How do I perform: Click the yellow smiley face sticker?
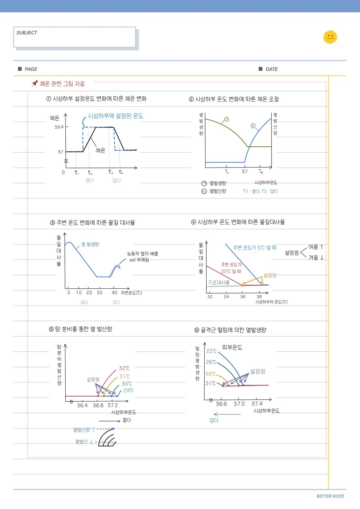tap(330, 37)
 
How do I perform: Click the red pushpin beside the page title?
tap(35, 83)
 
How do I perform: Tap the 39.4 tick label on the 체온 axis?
tap(59, 127)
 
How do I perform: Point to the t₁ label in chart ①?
tap(76, 172)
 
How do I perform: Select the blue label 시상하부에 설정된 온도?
tap(115, 116)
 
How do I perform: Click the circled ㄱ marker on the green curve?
tap(226, 119)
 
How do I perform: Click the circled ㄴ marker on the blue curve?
tap(253, 126)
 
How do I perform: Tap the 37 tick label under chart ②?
tap(244, 171)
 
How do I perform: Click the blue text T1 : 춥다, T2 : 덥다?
tap(260, 191)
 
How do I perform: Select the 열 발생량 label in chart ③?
tap(90, 244)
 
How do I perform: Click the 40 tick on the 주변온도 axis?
tap(114, 293)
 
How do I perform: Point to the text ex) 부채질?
tap(139, 260)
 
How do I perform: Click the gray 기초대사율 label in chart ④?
tap(219, 282)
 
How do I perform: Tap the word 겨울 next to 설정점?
tap(313, 257)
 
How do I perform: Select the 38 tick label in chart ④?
tap(259, 296)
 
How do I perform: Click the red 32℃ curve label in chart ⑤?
tap(124, 368)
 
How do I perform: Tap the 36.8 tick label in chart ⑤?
tap(98, 406)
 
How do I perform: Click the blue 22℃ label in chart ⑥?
tap(211, 351)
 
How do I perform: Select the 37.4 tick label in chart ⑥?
tap(257, 404)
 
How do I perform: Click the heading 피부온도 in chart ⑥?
tap(232, 347)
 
